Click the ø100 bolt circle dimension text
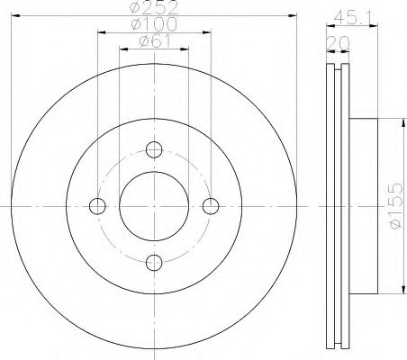coord(154,27)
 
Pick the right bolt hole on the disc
coord(212,206)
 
